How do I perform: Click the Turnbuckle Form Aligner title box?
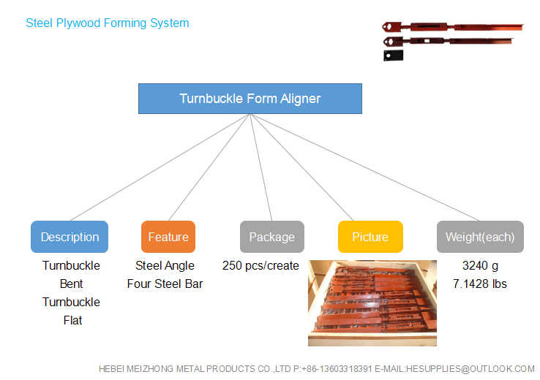(250, 99)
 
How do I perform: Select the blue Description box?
(70, 237)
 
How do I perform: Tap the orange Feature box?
(168, 237)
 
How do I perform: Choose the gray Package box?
(272, 237)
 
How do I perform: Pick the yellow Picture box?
(370, 237)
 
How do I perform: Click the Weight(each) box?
(480, 237)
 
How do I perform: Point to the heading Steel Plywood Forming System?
(108, 23)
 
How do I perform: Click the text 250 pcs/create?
(260, 266)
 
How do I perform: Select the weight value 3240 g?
(480, 266)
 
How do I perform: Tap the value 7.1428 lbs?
(480, 284)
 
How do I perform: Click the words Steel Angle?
(165, 266)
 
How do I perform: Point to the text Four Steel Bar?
(165, 284)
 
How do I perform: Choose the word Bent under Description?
(71, 284)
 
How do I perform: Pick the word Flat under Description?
(72, 320)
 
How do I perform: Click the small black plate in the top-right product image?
(393, 56)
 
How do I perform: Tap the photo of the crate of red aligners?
(372, 303)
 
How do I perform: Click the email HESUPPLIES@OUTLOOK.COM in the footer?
(470, 369)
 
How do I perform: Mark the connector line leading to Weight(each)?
(365, 167)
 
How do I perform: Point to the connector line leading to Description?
(160, 167)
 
